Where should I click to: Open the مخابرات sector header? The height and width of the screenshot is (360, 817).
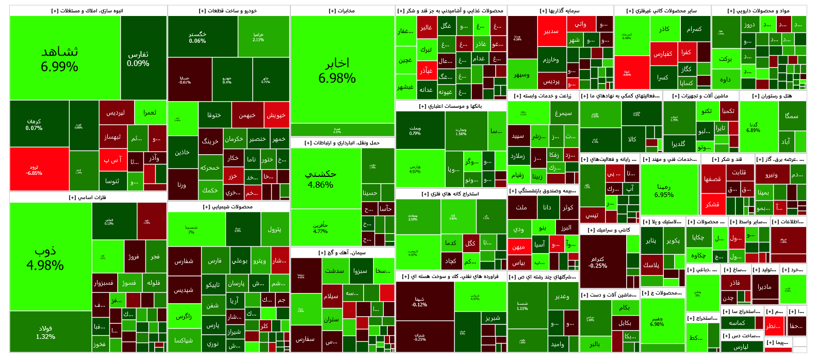342,11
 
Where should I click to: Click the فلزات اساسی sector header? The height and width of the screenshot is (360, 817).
88,198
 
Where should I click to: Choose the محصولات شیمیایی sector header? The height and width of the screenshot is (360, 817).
228,207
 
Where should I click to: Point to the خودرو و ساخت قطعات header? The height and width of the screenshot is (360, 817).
228,11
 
